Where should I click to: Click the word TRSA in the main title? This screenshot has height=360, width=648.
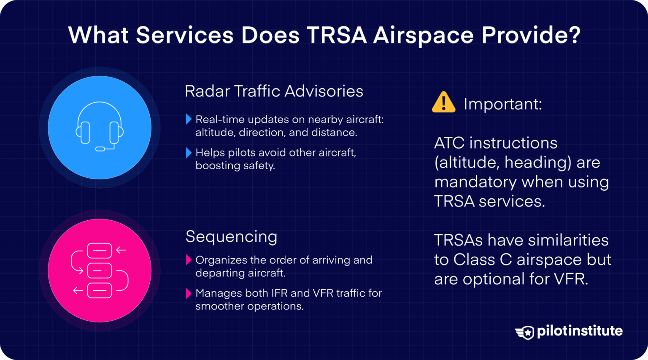point(337,35)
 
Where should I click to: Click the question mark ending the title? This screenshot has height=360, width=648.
point(574,35)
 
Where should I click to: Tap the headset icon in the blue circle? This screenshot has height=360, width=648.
point(100,127)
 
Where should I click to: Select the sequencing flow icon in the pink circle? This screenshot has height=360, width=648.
point(100,271)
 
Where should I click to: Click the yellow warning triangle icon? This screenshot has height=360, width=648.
point(443,103)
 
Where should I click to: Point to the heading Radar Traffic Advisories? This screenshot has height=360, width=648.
point(274,91)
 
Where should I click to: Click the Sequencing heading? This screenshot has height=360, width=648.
point(231,237)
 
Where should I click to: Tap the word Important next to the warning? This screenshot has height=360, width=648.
point(502,104)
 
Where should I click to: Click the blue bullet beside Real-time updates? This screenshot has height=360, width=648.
point(189,119)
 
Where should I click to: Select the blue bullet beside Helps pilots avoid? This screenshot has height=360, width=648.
point(189,153)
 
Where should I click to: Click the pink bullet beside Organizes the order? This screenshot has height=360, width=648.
point(189,260)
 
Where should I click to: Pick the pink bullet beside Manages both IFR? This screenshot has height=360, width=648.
point(189,293)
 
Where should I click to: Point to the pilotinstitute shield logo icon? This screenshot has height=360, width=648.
point(524,332)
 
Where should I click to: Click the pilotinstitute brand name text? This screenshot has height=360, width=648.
point(580,331)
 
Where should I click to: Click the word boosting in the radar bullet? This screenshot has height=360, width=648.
point(218,166)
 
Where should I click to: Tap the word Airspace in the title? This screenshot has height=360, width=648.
point(424,35)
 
